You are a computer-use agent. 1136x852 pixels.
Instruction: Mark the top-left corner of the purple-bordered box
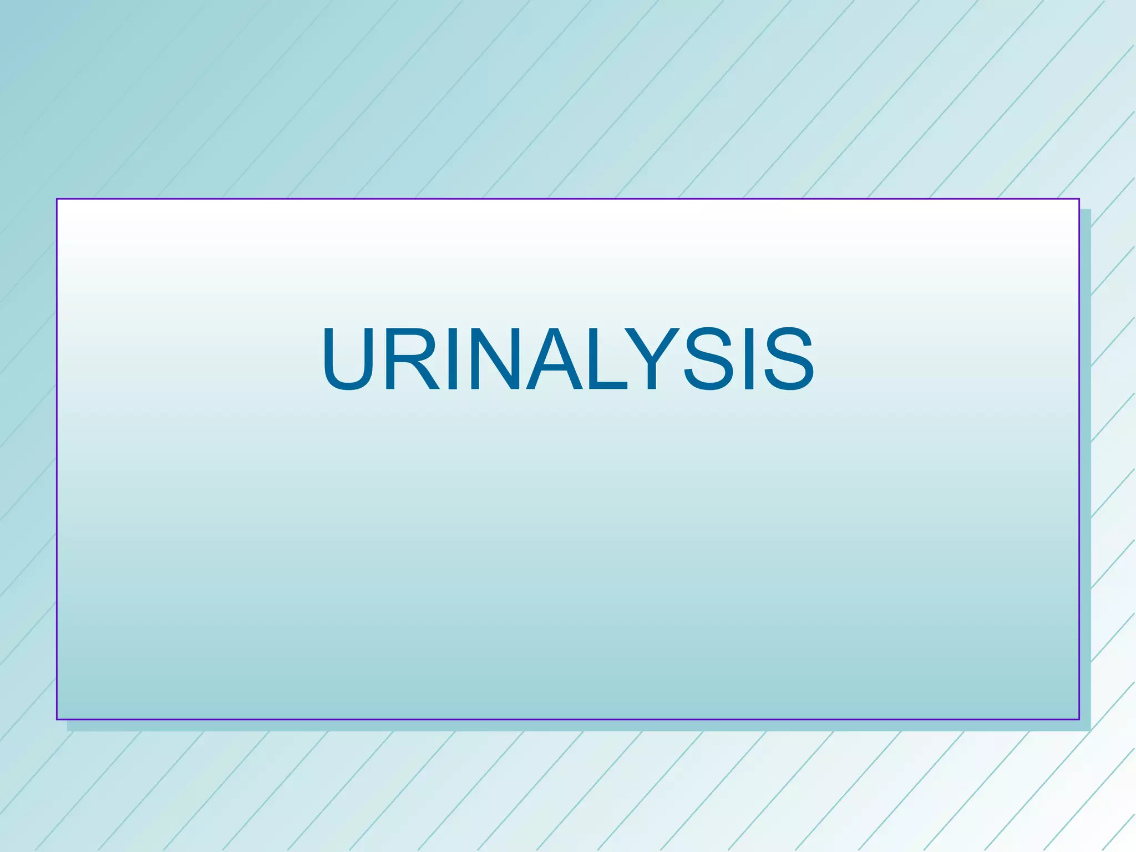click(57, 199)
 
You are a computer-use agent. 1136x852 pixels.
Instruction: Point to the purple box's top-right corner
click(1079, 199)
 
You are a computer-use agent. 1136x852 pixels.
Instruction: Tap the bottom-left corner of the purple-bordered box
click(57, 719)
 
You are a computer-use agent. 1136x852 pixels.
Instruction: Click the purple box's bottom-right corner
click(1079, 719)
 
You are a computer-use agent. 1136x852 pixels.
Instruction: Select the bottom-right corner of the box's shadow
click(1090, 730)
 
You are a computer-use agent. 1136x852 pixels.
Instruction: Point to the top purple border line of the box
click(568, 199)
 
